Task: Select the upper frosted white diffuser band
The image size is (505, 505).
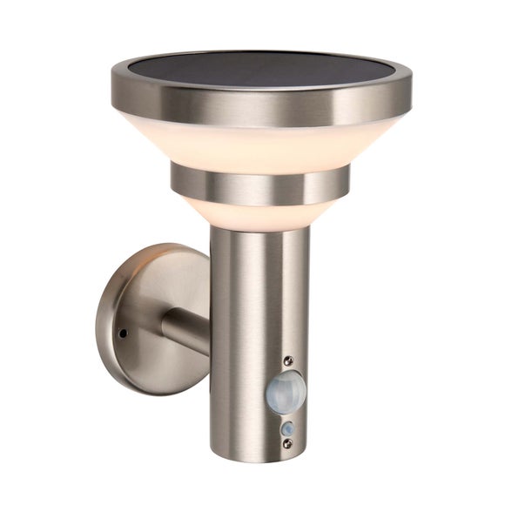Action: click(x=261, y=144)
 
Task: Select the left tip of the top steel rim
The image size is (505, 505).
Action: click(x=113, y=87)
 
